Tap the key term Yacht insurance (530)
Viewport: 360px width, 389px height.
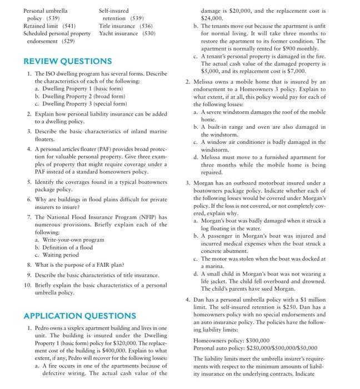point(127,33)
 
